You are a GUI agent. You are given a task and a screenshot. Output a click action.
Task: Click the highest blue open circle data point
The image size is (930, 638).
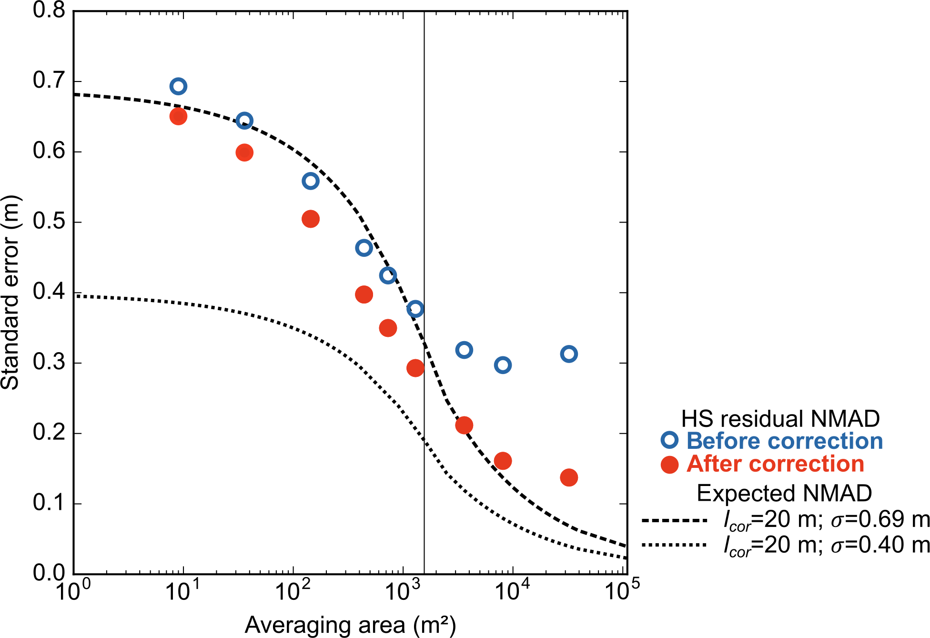tap(178, 86)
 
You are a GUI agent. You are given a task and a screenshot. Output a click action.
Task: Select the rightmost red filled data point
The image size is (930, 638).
tap(569, 477)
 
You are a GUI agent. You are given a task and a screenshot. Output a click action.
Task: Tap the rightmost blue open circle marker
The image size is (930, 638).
tap(569, 354)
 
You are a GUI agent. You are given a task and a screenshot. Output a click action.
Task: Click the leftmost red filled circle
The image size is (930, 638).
tap(178, 116)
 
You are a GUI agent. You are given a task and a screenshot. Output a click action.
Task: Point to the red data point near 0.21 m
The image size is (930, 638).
tap(464, 425)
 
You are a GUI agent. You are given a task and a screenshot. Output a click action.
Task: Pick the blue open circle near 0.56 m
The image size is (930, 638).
tap(310, 181)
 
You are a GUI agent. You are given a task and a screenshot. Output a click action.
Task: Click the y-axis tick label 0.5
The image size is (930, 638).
tap(49, 222)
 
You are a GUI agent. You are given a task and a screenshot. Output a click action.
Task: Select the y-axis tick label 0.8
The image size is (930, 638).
tap(49, 10)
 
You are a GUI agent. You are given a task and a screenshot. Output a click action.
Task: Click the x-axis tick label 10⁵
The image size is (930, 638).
tap(621, 591)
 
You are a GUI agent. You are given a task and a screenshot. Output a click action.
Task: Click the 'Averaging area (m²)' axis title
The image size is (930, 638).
tap(350, 625)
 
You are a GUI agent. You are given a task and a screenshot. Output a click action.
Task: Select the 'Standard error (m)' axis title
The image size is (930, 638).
tap(10, 293)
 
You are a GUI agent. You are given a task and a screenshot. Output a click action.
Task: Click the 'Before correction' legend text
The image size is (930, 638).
tap(784, 441)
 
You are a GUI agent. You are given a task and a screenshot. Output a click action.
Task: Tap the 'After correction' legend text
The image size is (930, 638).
tap(775, 464)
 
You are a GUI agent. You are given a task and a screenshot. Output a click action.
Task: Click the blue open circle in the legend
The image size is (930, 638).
tap(669, 440)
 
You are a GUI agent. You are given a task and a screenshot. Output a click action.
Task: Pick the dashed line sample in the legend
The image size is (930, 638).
tap(674, 520)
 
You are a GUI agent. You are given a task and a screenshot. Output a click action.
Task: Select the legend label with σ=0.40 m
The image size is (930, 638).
tap(826, 545)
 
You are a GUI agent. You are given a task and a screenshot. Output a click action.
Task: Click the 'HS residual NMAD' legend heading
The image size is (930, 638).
tap(780, 419)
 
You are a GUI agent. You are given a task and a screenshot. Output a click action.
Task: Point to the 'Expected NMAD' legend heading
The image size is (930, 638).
tap(784, 493)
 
